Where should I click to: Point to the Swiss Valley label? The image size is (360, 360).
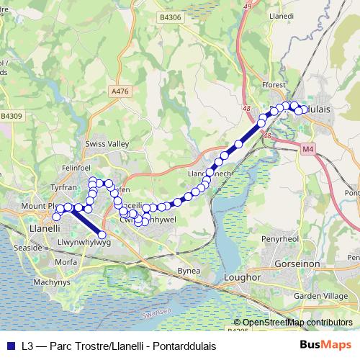(107, 144)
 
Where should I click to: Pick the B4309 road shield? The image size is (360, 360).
(12, 115)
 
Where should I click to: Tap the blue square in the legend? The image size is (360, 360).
(10, 346)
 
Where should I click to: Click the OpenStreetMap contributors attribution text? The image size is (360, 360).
(297, 323)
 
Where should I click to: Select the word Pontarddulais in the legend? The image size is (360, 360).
(184, 346)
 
